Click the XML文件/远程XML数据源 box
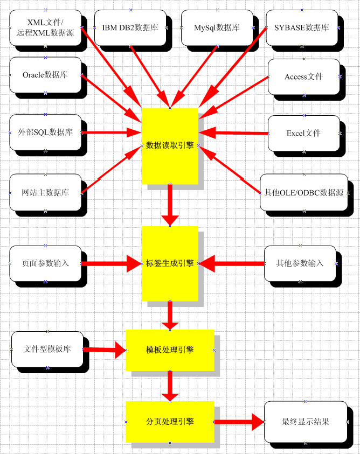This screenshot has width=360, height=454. (x=45, y=27)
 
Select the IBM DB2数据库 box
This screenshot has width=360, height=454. (x=130, y=27)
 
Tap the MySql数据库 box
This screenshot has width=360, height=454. (x=217, y=27)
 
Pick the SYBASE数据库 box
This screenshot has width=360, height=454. (x=301, y=27)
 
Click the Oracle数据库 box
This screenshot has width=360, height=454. (x=45, y=75)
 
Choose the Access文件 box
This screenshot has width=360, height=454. (x=303, y=76)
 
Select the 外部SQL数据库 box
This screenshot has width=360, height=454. (x=45, y=132)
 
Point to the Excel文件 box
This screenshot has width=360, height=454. (x=303, y=132)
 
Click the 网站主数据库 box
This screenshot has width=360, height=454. (x=45, y=192)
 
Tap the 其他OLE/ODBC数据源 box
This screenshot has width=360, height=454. (x=303, y=192)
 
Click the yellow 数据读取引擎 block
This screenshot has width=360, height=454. (x=170, y=145)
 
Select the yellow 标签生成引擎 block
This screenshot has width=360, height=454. (x=170, y=263)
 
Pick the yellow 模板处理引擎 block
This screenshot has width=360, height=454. (x=170, y=350)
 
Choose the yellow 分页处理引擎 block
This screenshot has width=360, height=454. (x=170, y=422)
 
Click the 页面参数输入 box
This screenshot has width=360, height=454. (x=45, y=263)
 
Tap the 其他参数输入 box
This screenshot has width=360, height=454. (x=300, y=263)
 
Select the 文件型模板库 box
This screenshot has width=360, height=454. (x=47, y=349)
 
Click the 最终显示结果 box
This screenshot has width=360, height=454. (x=305, y=422)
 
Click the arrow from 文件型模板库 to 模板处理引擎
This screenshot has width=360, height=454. (x=105, y=350)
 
